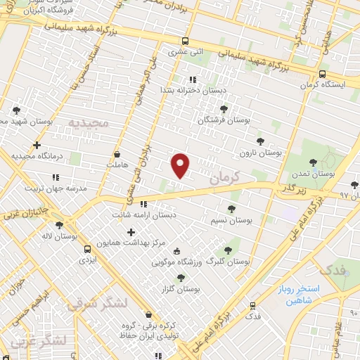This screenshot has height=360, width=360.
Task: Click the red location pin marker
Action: tap(181, 165)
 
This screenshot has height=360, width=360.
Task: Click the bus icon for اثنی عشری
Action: tap(185, 41)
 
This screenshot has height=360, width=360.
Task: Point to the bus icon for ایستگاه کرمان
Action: tap(322, 74)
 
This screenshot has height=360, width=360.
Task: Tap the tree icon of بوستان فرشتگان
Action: tap(224, 109)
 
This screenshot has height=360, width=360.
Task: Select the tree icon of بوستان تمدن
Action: tap(313, 162)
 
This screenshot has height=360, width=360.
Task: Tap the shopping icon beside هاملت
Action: tap(117, 154)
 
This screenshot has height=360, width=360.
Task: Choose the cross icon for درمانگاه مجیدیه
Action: tap(37, 145)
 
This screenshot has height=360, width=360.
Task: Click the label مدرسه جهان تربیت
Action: tap(56, 188)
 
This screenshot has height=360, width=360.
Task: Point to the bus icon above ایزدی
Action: tap(87, 249)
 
